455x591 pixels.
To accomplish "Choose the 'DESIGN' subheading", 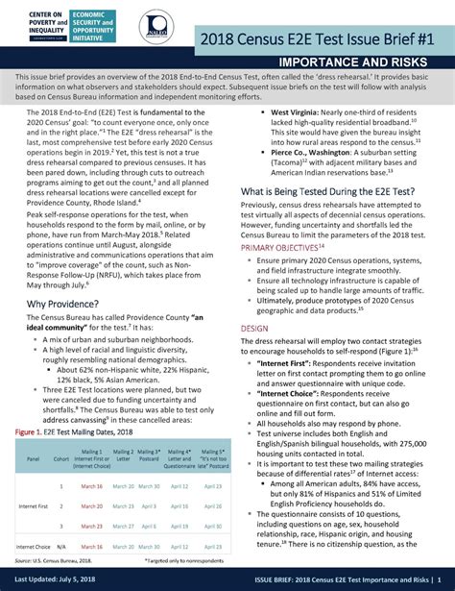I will pos(254,328).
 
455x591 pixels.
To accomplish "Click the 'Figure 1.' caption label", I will pos(30,432).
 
